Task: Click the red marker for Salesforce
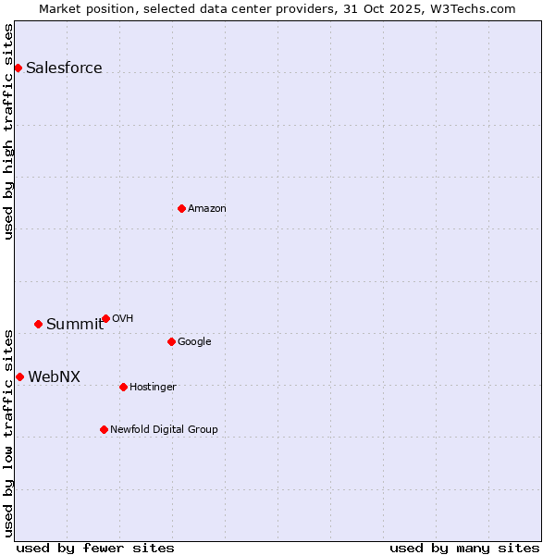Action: tap(18, 68)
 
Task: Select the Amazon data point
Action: tap(181, 208)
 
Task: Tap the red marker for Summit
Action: tap(38, 324)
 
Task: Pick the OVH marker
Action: tap(105, 318)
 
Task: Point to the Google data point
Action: tap(171, 341)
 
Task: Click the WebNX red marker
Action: tap(19, 376)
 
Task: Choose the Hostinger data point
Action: tap(123, 387)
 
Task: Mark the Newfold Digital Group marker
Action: tap(104, 429)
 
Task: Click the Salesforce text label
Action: tap(64, 68)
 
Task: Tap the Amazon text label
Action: tap(206, 208)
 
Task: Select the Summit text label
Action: tap(75, 324)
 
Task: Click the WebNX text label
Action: tap(54, 376)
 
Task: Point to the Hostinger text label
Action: tap(153, 387)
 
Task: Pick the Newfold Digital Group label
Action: tap(164, 429)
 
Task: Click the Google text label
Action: tap(194, 341)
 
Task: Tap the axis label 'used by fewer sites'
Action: tap(95, 548)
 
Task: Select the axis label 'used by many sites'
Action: tap(464, 548)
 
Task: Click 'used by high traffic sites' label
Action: tap(8, 132)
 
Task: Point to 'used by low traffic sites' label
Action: tap(8, 432)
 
